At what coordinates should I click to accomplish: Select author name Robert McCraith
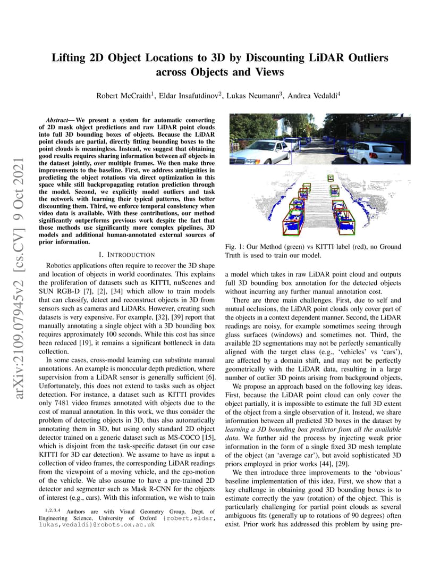point(121,96)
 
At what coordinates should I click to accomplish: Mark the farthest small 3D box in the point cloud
point(331,178)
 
